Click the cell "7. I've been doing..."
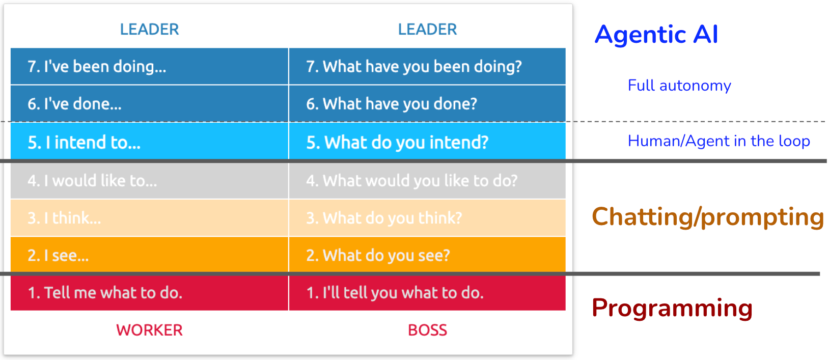click(149, 66)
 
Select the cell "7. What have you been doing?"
click(427, 66)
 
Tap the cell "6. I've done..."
click(149, 103)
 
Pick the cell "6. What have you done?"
click(427, 103)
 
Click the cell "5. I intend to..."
click(149, 142)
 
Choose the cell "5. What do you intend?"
click(427, 142)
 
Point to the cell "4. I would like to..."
click(149, 181)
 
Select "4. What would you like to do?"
click(427, 181)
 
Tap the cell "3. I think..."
click(149, 218)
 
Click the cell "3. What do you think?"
click(427, 218)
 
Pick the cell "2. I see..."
click(149, 255)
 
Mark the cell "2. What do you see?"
click(427, 255)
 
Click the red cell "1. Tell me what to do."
click(149, 293)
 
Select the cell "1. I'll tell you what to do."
click(427, 293)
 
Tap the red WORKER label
click(150, 330)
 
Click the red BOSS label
click(427, 330)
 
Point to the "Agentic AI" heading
click(656, 35)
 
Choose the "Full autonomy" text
click(679, 86)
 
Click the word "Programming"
click(672, 308)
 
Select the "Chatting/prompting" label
click(708, 217)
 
